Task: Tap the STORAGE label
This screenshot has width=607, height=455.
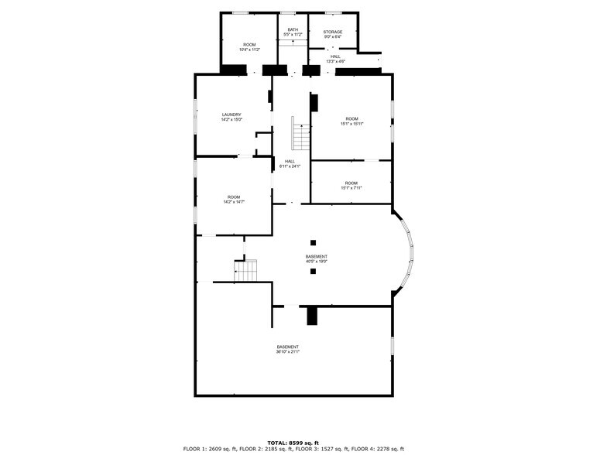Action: tap(332, 32)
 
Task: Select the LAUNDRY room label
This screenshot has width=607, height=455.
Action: tap(231, 115)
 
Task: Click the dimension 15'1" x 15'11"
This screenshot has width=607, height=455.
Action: tap(352, 124)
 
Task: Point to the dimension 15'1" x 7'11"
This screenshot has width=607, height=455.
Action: tap(351, 188)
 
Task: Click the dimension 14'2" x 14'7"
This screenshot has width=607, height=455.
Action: tap(234, 202)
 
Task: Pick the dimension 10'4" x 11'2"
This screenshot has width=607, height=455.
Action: tap(249, 50)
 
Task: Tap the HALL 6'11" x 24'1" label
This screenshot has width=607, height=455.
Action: tap(290, 164)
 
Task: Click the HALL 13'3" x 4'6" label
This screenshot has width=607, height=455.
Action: tap(335, 59)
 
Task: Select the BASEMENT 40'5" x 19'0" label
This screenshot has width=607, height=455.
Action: tap(316, 259)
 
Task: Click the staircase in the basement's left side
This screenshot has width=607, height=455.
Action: tap(245, 271)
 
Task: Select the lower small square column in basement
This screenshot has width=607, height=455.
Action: tap(313, 272)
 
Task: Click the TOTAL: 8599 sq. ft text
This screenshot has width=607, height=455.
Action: tap(293, 442)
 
